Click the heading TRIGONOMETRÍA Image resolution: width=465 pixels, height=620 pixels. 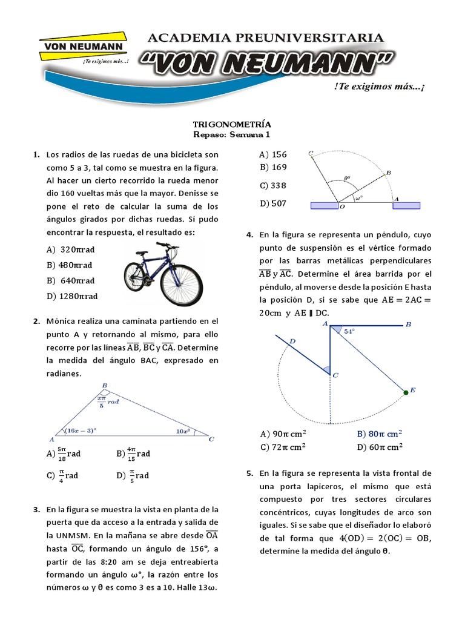coord(232,124)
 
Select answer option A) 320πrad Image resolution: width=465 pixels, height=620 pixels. coord(71,249)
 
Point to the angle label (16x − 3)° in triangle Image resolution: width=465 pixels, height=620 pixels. coord(81,430)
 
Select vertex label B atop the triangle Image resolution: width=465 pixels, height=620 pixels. coord(105,385)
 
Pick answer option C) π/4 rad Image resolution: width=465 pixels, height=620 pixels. coord(63,475)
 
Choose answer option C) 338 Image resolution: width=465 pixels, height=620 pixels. coord(273,185)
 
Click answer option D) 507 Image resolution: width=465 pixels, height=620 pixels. coord(273,203)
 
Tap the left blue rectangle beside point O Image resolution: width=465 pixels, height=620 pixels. coord(324,206)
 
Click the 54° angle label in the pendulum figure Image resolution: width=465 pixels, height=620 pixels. coord(349,331)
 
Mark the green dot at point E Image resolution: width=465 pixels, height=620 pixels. coord(406,393)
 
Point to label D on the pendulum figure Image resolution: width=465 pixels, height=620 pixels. coord(292,341)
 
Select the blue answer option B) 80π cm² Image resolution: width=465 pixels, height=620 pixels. coord(380,434)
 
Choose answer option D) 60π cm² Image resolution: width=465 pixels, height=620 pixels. coord(380,447)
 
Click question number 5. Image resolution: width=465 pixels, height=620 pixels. coord(249,473)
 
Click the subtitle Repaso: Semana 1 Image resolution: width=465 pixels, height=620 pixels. coord(232,134)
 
